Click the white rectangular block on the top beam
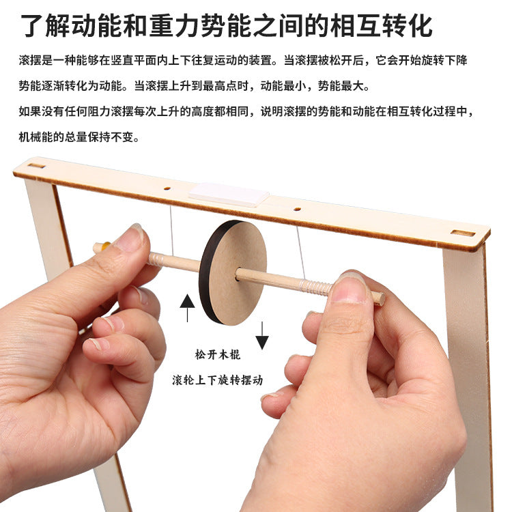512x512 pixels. [x=229, y=194]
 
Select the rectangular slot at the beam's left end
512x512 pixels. [x=36, y=165]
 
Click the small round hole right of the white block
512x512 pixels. [x=296, y=209]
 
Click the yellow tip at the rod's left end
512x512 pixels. [x=100, y=247]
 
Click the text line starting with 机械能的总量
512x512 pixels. [x=79, y=137]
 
